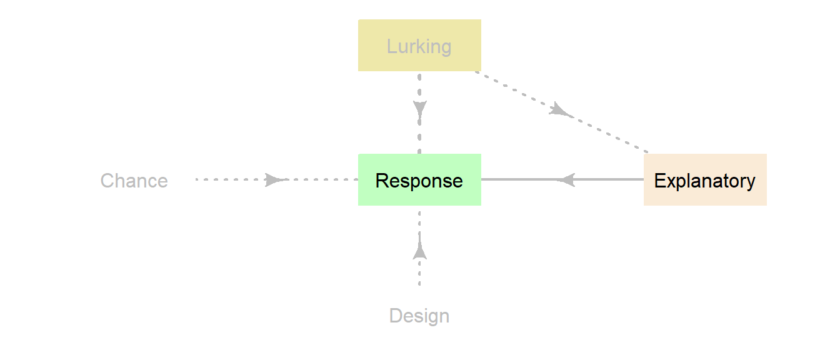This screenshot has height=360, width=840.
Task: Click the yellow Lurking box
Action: (x=419, y=45)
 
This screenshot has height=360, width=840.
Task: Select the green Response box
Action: (x=419, y=179)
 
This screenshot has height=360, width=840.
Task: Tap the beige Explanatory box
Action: (x=705, y=179)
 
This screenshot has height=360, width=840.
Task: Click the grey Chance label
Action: (x=134, y=181)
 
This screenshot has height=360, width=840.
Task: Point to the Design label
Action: (x=419, y=316)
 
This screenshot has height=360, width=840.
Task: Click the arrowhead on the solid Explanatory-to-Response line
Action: (x=566, y=179)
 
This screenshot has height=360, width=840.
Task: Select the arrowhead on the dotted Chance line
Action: (x=274, y=179)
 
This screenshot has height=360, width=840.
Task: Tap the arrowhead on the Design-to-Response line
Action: (x=419, y=251)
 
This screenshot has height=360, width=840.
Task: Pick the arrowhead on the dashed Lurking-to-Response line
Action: (x=419, y=109)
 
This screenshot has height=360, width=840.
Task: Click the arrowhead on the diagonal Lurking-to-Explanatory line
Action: (x=560, y=111)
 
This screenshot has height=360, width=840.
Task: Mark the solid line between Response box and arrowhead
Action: (x=519, y=179)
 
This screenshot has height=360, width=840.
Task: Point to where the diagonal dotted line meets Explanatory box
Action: (x=647, y=152)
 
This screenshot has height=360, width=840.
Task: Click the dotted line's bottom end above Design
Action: (x=419, y=285)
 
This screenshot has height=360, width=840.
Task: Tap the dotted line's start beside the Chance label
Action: (x=197, y=179)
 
